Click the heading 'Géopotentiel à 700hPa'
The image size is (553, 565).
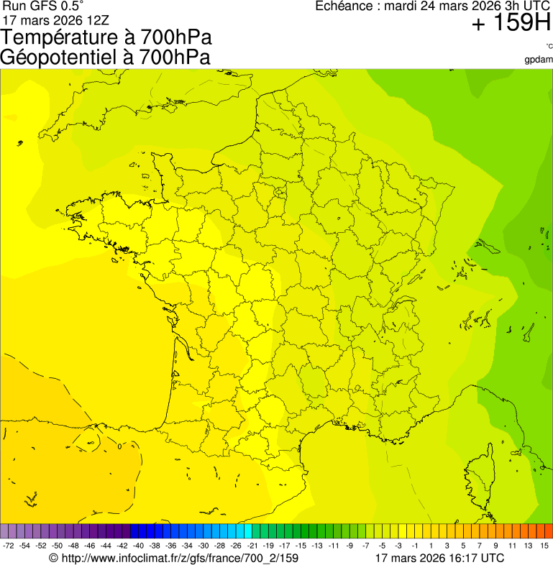[x=106, y=57]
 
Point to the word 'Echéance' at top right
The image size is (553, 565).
[x=342, y=6]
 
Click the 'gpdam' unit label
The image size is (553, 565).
[x=539, y=59]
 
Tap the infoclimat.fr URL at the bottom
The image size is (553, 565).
[x=173, y=557]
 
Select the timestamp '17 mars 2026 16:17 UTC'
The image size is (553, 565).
[x=439, y=557]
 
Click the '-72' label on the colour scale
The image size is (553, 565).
[x=9, y=546]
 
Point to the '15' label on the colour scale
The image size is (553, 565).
[x=544, y=546]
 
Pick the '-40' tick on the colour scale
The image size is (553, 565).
[x=137, y=546]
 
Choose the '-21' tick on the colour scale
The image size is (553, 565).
[x=252, y=546]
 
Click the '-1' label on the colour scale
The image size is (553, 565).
[x=415, y=546]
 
